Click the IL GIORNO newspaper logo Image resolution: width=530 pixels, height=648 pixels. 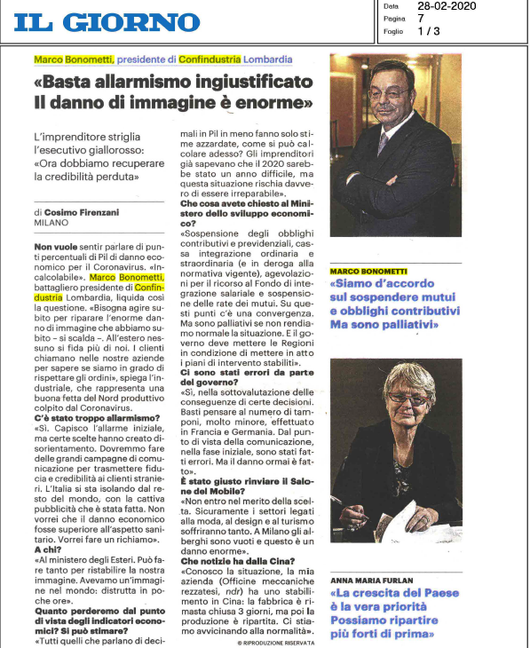coord(107,22)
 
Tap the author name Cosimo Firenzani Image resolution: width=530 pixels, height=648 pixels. coord(86,213)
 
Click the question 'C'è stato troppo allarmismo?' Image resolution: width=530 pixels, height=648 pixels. coord(89,417)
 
